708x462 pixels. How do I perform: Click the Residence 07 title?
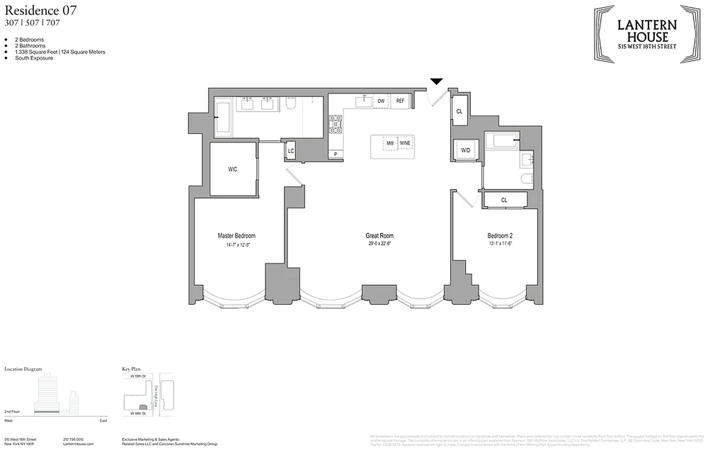pyautogui.click(x=40, y=10)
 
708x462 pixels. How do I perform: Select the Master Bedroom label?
pyautogui.click(x=236, y=236)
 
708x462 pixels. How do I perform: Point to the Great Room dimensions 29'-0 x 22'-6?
pyautogui.click(x=379, y=244)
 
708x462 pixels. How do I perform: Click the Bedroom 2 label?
pyautogui.click(x=500, y=236)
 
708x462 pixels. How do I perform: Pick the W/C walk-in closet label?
pyautogui.click(x=233, y=169)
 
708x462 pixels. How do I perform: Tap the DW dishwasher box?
pyautogui.click(x=381, y=102)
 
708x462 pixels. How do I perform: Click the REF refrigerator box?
pyautogui.click(x=400, y=102)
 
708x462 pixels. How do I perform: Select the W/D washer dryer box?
pyautogui.click(x=465, y=151)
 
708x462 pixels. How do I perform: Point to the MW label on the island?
pyautogui.click(x=390, y=143)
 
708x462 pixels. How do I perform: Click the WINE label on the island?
pyautogui.click(x=406, y=143)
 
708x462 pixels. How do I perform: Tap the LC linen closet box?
pyautogui.click(x=291, y=151)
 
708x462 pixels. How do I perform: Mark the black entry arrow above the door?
pyautogui.click(x=437, y=81)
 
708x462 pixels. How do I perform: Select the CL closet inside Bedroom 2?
pyautogui.click(x=504, y=200)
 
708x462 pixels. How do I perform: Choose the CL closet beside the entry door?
pyautogui.click(x=459, y=111)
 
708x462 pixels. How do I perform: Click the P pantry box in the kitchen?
pyautogui.click(x=335, y=154)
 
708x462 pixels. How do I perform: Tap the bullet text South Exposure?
pyautogui.click(x=35, y=58)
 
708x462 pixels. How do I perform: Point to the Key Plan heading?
pyautogui.click(x=132, y=368)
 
